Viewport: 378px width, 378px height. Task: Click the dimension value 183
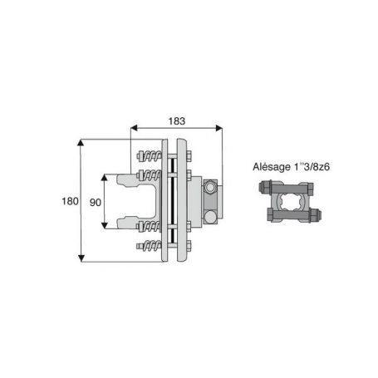pos(177,121)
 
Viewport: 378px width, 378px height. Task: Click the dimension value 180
pos(70,201)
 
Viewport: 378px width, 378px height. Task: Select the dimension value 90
pos(96,203)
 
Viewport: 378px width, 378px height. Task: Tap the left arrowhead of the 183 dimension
pos(134,128)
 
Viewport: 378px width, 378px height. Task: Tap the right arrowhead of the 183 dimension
pos(218,128)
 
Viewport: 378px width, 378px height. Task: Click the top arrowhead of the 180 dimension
pos(81,143)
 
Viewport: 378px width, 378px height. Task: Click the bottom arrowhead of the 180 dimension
pos(81,258)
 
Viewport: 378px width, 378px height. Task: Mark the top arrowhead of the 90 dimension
pos(104,178)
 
